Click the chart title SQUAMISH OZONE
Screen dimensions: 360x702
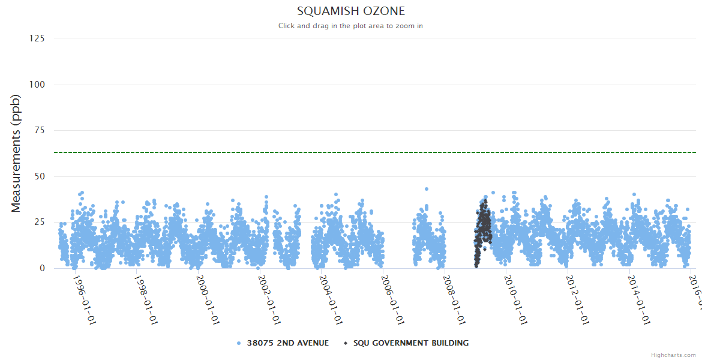coord(351,11)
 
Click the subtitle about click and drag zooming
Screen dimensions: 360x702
coord(351,26)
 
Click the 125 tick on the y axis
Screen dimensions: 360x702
coord(37,38)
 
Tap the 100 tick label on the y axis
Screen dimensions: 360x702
coord(37,85)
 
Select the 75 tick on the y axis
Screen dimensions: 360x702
coord(39,130)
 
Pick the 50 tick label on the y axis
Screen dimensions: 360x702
coord(39,176)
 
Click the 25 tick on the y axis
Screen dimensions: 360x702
coord(39,223)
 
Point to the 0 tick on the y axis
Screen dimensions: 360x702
coord(42,268)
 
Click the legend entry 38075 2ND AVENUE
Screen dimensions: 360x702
coord(287,343)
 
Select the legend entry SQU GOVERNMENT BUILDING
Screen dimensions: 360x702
coord(410,343)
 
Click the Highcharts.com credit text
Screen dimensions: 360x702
coord(673,355)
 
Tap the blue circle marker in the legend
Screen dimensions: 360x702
coord(239,343)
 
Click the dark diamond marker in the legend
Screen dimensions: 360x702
coord(345,343)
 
